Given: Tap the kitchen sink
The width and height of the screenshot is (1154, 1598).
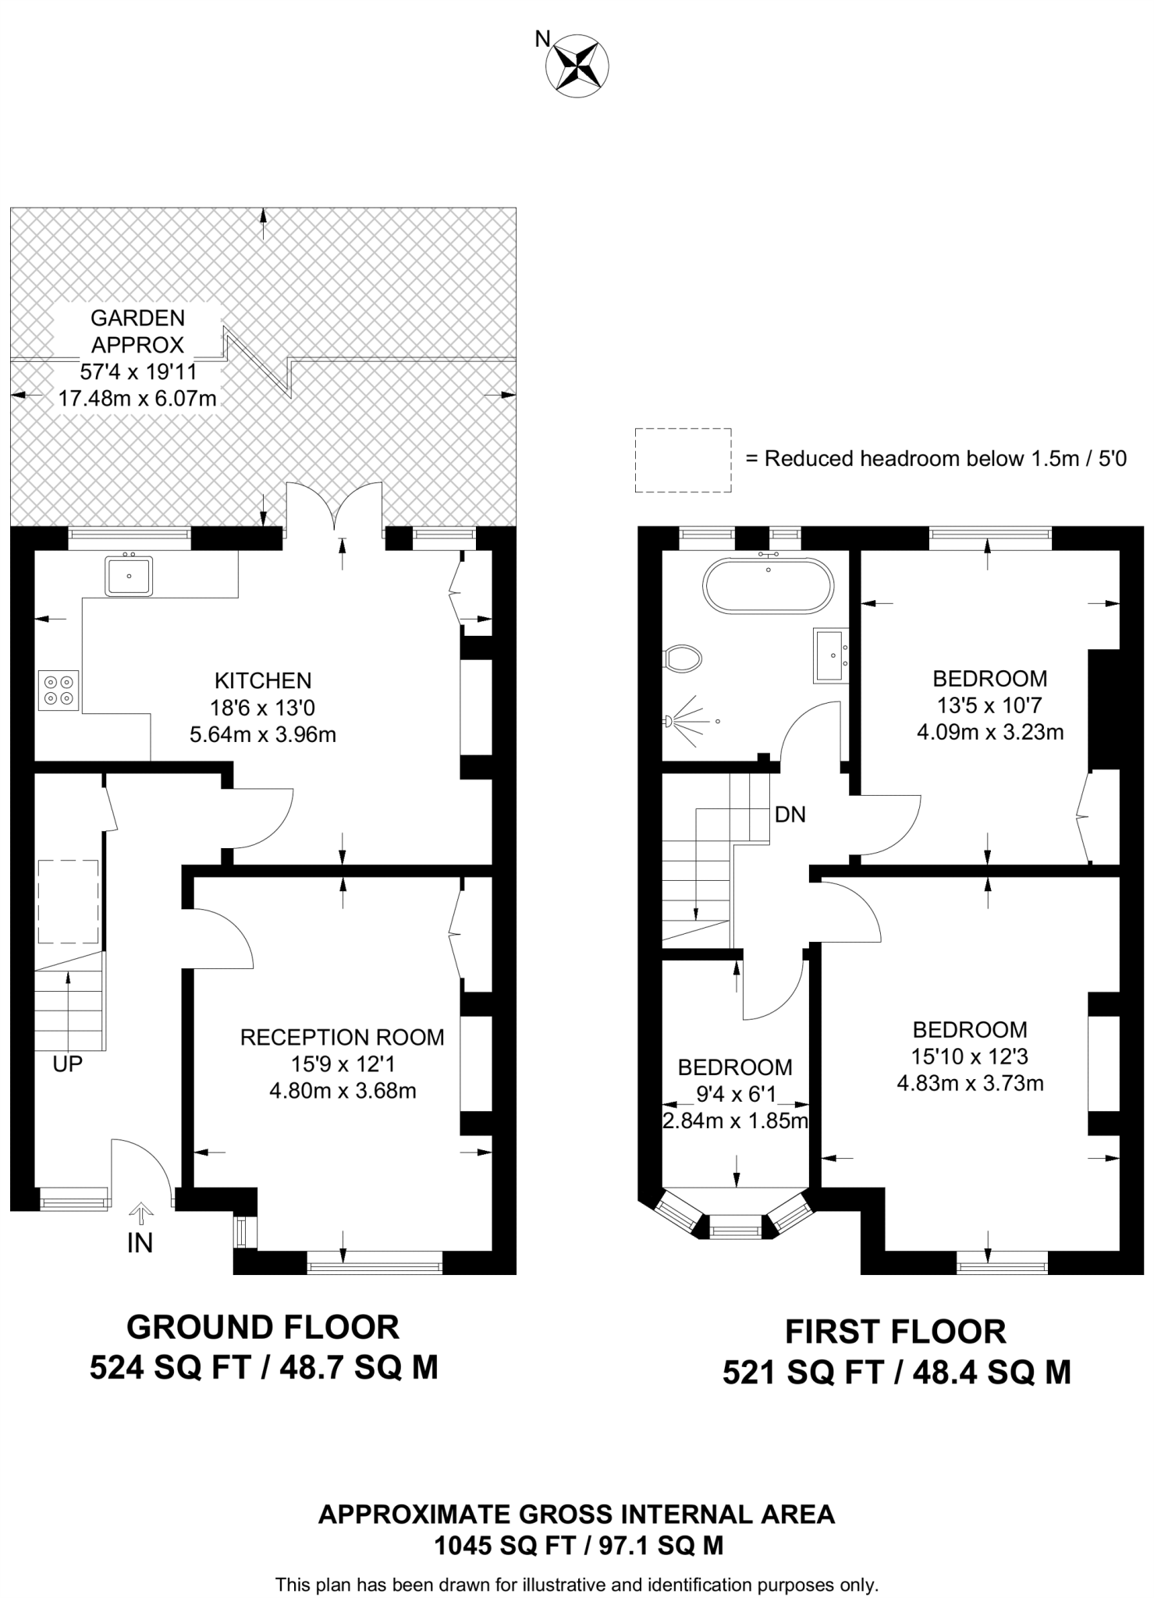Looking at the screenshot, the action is click(129, 574).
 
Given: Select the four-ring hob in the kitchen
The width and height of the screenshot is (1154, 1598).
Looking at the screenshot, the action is click(59, 690).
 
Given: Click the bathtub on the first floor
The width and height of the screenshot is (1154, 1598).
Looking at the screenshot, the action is click(769, 584).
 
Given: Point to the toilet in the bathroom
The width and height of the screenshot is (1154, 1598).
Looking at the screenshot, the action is click(682, 659).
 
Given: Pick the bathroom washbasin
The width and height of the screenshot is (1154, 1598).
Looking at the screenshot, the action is click(831, 655).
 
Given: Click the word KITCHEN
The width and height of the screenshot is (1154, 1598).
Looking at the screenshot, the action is click(263, 680).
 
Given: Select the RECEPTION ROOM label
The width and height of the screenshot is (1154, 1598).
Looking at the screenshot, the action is click(343, 1037).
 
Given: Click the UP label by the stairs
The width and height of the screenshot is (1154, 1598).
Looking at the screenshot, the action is click(68, 1064).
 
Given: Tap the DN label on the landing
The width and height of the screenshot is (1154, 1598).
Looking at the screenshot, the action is click(790, 815).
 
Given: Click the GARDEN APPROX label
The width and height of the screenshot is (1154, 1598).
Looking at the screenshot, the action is click(137, 331).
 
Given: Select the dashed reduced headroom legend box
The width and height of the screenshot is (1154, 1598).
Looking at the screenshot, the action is click(683, 460).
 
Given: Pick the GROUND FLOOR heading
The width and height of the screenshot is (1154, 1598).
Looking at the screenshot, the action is click(263, 1327).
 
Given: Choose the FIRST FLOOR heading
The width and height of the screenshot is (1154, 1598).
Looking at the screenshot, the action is click(896, 1332).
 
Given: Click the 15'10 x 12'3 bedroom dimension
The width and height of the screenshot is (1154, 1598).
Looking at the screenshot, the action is click(970, 1056).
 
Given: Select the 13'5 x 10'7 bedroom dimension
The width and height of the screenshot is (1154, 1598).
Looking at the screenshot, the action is click(989, 705).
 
